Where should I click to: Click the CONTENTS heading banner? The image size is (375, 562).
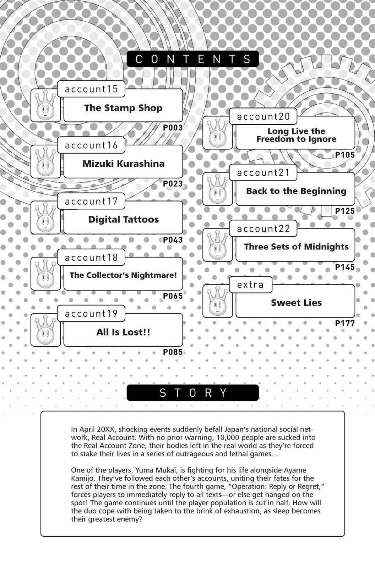tap(192, 59)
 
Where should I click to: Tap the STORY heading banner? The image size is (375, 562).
tap(192, 393)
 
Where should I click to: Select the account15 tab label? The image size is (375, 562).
tap(91, 89)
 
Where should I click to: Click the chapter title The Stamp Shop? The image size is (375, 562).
tap(123, 108)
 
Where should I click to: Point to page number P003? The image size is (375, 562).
tap(173, 127)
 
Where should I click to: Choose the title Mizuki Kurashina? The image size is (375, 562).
tap(123, 164)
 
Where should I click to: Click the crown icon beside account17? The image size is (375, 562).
tap(45, 217)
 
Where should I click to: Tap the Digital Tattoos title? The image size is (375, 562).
tap(123, 220)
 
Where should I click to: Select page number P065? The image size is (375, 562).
tap(173, 296)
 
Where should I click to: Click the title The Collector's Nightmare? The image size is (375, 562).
tap(123, 275)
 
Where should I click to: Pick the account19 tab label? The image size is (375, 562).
tap(91, 314)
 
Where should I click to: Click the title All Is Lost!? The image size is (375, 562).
tap(123, 332)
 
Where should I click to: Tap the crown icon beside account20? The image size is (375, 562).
tap(218, 133)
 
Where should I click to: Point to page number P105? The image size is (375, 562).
tap(345, 155)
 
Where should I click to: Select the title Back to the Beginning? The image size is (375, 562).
tap(296, 191)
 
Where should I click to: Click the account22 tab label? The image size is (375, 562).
tap(263, 229)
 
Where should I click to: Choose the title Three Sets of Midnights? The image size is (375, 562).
tap(297, 247)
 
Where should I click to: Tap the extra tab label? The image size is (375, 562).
tap(251, 285)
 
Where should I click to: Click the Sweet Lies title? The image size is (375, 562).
tap(297, 303)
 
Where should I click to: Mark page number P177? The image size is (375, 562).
tap(345, 324)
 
